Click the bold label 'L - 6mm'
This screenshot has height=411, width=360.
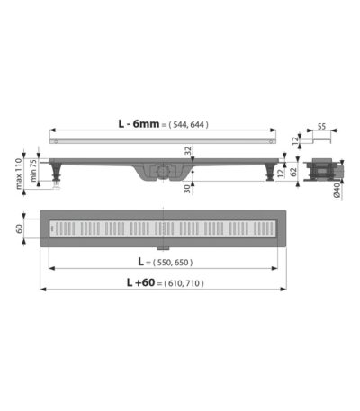pyautogui.click(x=139, y=123)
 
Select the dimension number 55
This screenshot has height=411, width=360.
pyautogui.click(x=321, y=126)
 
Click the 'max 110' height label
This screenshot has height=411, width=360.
pyautogui.click(x=19, y=174)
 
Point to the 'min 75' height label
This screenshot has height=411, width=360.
pyautogui.click(x=33, y=170)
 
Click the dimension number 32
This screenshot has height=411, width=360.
pyautogui.click(x=188, y=151)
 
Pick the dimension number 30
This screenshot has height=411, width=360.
pyautogui.click(x=187, y=189)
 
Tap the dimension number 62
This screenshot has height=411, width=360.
pyautogui.click(x=293, y=172)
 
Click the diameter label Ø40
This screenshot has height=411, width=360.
pyautogui.click(x=337, y=191)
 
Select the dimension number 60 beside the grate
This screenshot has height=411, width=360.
pyautogui.click(x=19, y=228)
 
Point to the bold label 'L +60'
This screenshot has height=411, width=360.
pyautogui.click(x=140, y=282)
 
